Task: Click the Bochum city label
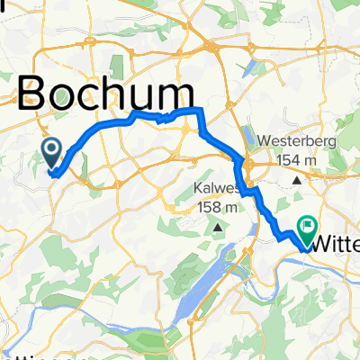(x=106, y=93)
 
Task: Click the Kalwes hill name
(x=215, y=189)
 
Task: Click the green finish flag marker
(x=309, y=229)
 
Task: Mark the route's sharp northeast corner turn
(x=199, y=109)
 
